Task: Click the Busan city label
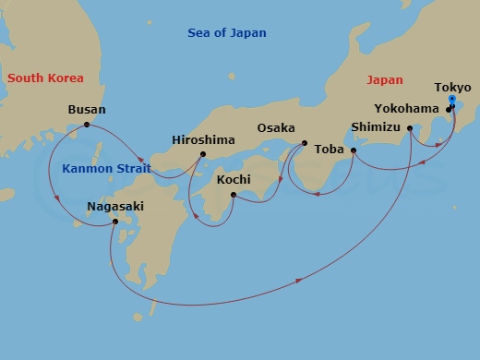[87, 109]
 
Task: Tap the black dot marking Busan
[87, 125]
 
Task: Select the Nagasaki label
[114, 207]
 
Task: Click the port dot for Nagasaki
[114, 222]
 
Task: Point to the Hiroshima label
[203, 140]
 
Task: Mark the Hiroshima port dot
[202, 154]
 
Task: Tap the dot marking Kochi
[233, 195]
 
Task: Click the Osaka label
[276, 128]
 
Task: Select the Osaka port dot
[305, 143]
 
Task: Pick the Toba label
[330, 148]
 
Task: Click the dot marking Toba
[354, 150]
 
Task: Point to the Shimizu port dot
[410, 129]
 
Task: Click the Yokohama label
[407, 108]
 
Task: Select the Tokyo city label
[452, 88]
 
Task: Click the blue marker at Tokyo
[451, 99]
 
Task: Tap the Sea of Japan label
[226, 33]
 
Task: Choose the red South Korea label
[45, 78]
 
